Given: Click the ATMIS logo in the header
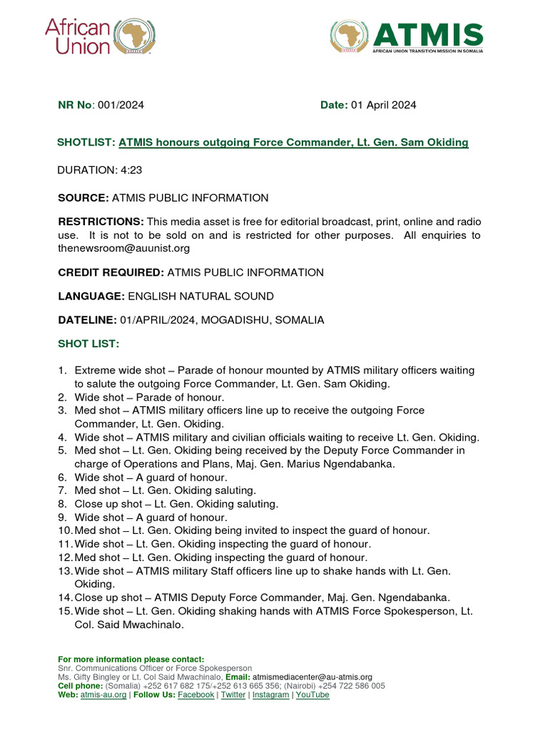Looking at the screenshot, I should tap(406, 37).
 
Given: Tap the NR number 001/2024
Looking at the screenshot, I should tap(121, 105).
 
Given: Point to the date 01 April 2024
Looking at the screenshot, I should tap(383, 105).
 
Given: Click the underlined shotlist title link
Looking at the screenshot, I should tap(293, 143).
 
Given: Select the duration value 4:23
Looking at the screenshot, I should tap(130, 170).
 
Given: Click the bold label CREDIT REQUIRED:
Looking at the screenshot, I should tap(111, 272).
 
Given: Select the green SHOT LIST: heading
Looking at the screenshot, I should tap(88, 344).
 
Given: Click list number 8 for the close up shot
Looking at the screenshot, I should tap(63, 504).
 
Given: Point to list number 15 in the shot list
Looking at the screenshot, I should tap(65, 611).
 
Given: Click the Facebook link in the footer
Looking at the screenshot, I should tap(196, 694).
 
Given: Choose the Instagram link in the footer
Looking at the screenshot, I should tap(270, 694).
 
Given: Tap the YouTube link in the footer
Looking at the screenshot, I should tap(313, 694).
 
